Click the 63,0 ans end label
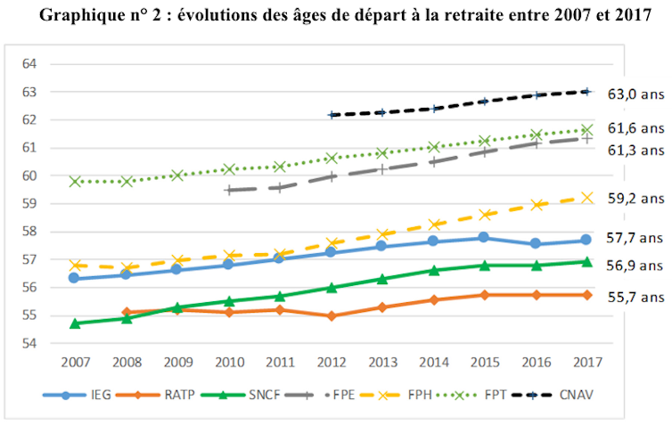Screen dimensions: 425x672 tap(636, 94)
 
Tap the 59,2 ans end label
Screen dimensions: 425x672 tap(636, 201)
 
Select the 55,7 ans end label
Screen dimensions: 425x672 tap(636, 297)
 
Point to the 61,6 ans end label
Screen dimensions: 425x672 tap(636, 128)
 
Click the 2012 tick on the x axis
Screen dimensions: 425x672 tap(331, 363)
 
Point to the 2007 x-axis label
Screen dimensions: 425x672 tap(76, 363)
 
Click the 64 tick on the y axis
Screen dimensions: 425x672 tap(29, 64)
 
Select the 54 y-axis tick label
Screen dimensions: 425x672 tap(29, 343)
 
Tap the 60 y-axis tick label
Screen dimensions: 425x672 tap(29, 176)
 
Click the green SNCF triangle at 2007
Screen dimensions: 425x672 tap(76, 323)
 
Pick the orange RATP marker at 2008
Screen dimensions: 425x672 tap(127, 312)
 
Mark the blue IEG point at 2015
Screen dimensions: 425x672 tap(484, 237)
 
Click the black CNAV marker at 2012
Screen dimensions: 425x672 tap(332, 115)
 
